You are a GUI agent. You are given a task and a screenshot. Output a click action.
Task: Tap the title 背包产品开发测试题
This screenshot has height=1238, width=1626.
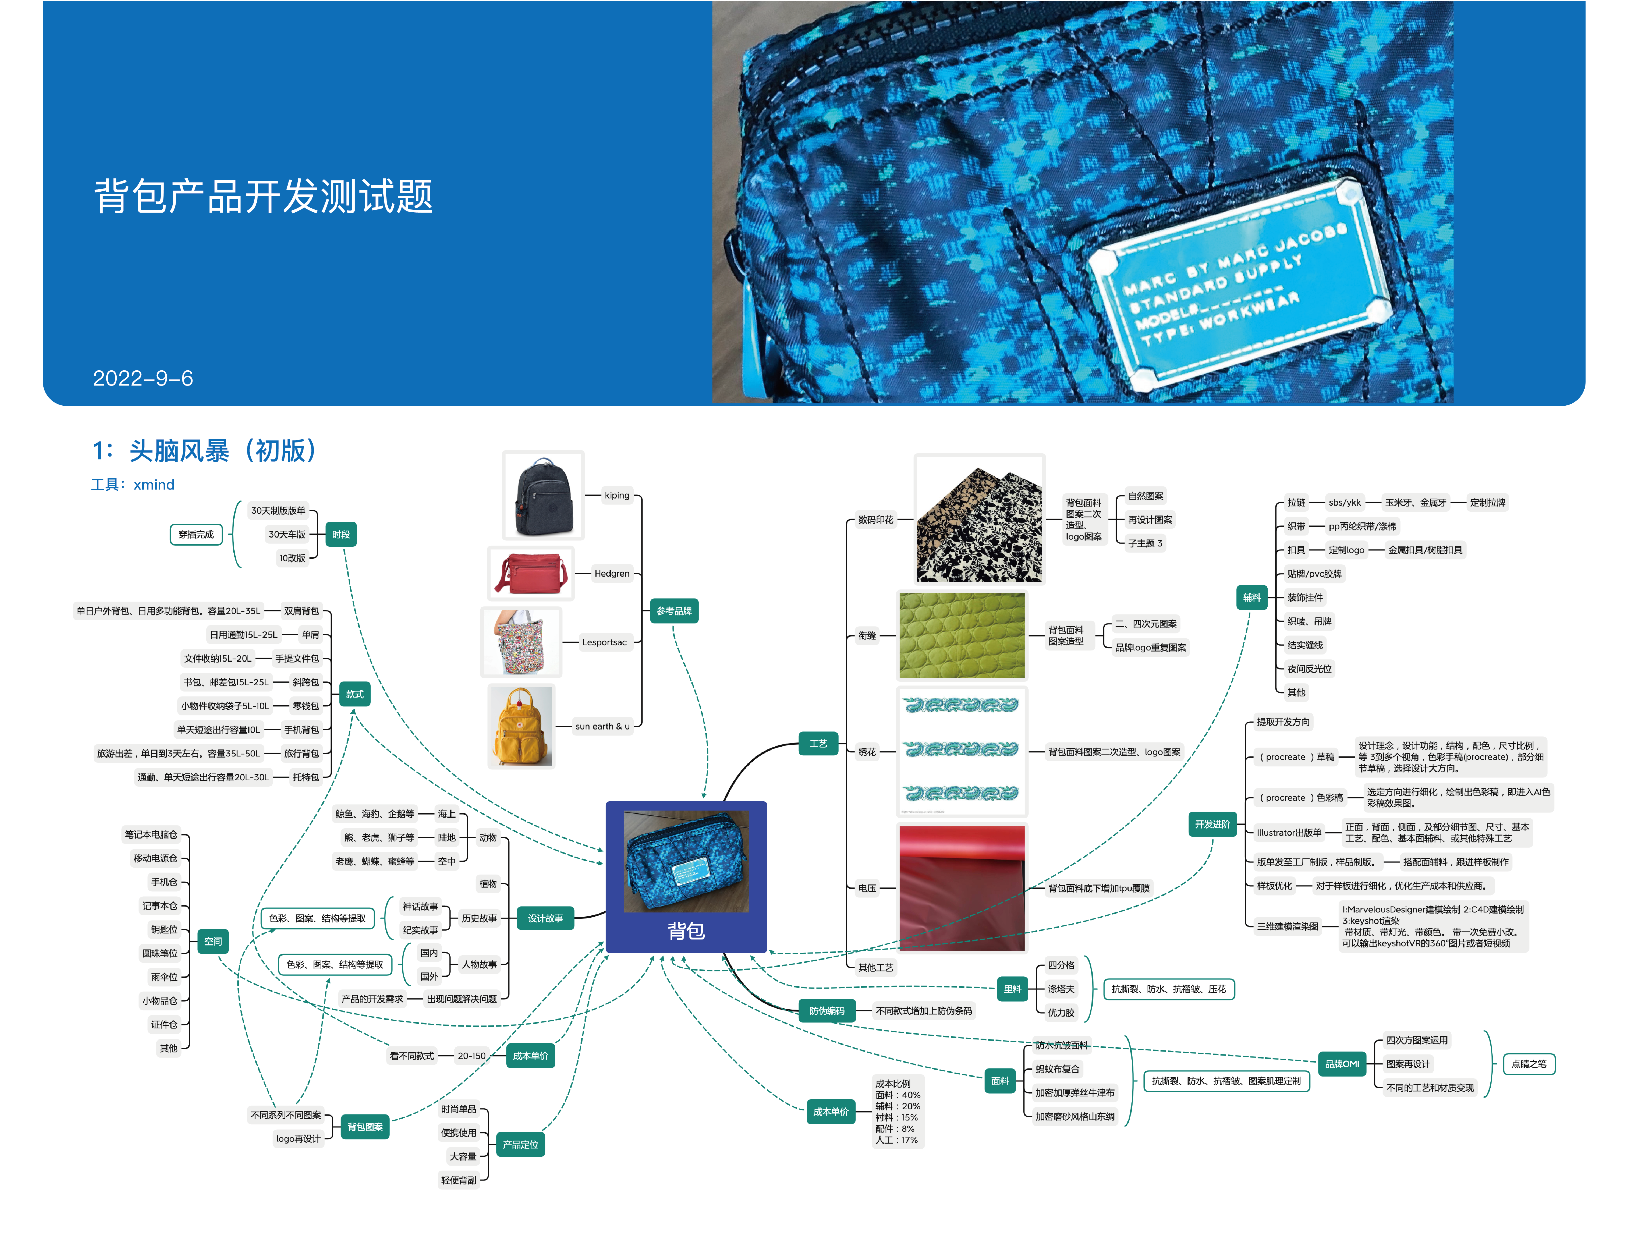263,197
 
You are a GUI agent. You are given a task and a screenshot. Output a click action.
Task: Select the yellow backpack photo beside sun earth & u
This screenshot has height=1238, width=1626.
521,727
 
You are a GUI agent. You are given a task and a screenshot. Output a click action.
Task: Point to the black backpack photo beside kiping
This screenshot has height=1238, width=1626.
543,495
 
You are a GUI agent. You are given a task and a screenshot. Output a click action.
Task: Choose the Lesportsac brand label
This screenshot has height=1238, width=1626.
604,643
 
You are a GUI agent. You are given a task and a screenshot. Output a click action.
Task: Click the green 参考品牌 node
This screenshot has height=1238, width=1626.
674,611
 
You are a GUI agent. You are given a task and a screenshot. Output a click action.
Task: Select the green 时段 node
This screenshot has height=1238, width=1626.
341,534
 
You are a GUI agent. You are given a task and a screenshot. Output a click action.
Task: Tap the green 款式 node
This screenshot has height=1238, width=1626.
355,694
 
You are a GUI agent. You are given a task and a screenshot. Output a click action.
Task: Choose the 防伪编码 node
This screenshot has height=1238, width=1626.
826,1011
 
